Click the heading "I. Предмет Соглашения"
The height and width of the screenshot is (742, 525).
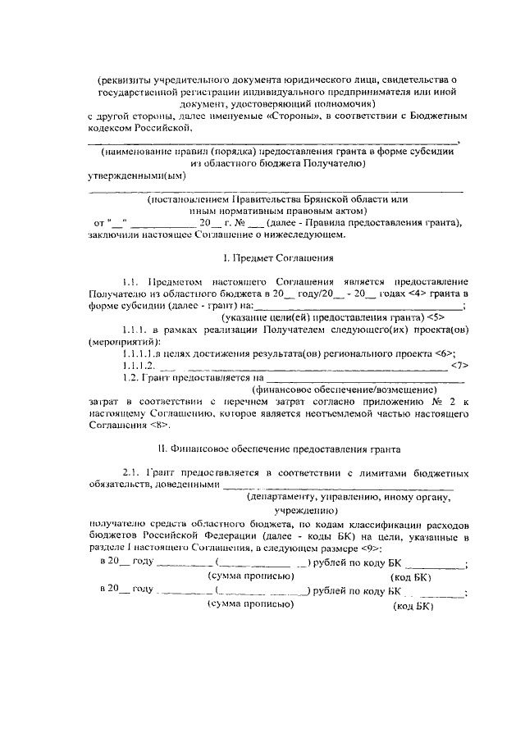coord(276,257)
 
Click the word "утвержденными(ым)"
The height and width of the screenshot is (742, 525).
coord(138,175)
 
